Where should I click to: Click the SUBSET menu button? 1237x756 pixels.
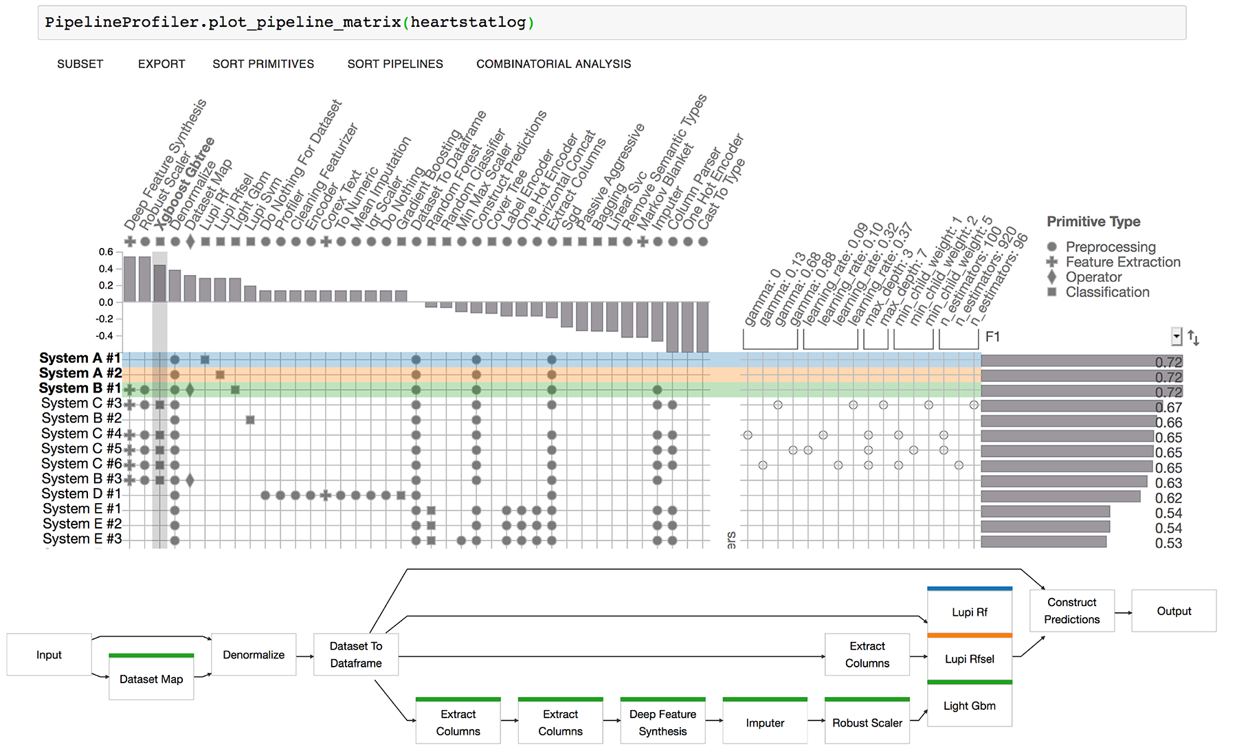tap(80, 64)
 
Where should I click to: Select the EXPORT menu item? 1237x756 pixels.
tap(161, 64)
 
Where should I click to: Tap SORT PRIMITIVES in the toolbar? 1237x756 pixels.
tap(263, 64)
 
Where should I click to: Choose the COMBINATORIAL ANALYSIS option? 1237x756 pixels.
tap(553, 64)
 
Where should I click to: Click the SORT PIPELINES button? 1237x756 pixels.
tap(395, 64)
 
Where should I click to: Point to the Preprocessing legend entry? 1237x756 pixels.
tap(1110, 247)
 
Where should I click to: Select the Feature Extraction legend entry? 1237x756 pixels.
tap(1122, 262)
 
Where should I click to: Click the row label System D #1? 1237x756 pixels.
tap(81, 493)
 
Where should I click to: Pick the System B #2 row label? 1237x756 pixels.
tap(81, 418)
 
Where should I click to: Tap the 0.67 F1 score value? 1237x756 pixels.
tap(1168, 408)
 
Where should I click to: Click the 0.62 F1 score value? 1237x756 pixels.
tap(1168, 498)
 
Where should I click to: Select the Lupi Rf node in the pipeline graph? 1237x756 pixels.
tap(969, 612)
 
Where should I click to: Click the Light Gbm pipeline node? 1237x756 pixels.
tap(969, 706)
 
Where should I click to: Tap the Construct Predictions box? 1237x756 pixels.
tap(1071, 611)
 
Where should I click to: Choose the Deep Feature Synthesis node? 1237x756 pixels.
tap(662, 723)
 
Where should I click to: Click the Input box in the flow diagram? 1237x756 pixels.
tap(49, 655)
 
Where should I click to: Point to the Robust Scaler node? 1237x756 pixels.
tap(867, 723)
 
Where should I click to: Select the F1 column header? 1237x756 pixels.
tap(992, 337)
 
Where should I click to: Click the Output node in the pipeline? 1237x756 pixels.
tap(1173, 611)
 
